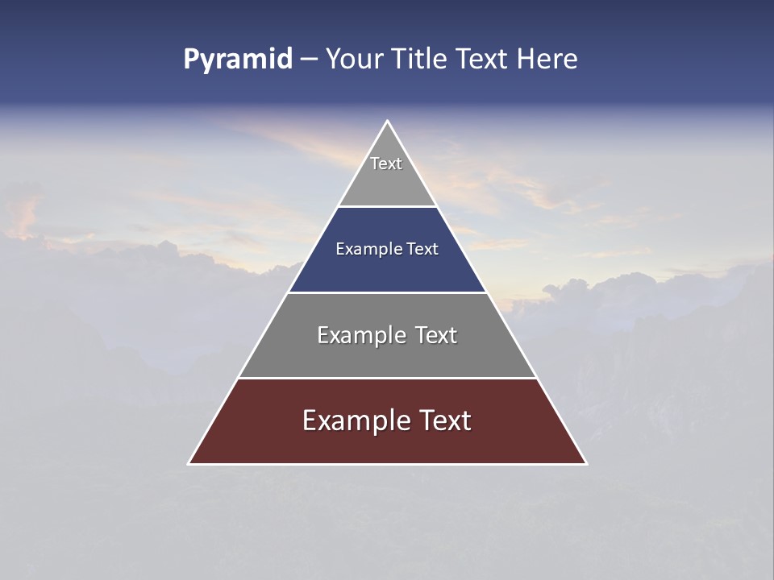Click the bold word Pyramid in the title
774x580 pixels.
pyautogui.click(x=237, y=60)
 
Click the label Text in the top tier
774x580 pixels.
pyautogui.click(x=386, y=164)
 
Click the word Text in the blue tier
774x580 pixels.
pyautogui.click(x=422, y=250)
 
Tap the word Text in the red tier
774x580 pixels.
pyautogui.click(x=443, y=420)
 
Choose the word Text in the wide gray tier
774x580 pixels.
pyautogui.click(x=435, y=335)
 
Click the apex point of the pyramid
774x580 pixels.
pyautogui.click(x=387, y=122)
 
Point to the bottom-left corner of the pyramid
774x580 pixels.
pyautogui.click(x=189, y=463)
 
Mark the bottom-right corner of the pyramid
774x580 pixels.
pyautogui.click(x=586, y=463)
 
